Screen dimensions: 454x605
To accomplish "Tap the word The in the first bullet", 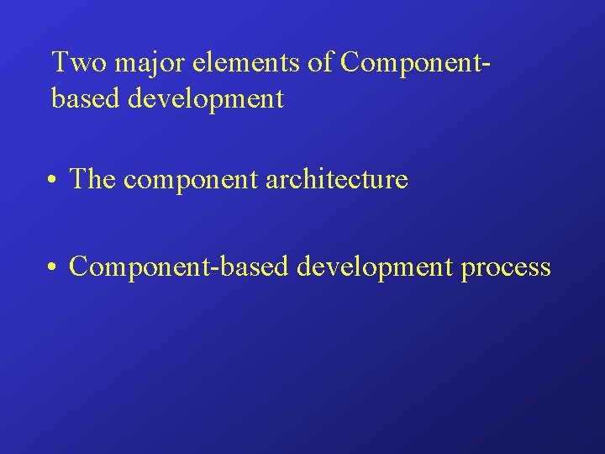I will [92, 178].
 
